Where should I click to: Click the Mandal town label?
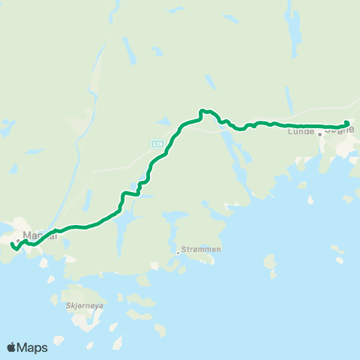point(40,236)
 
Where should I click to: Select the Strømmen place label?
point(201,250)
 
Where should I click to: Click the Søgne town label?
point(339,130)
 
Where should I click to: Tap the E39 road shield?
point(156,142)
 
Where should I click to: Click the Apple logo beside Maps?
point(11,347)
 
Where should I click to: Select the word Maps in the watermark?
point(33,347)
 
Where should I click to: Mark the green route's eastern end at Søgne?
point(347,123)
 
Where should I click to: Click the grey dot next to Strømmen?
point(178,252)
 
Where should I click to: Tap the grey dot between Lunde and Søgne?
point(319,134)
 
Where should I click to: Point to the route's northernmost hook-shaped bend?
point(202,112)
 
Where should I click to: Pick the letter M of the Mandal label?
point(28,236)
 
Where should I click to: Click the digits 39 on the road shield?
point(158,142)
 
